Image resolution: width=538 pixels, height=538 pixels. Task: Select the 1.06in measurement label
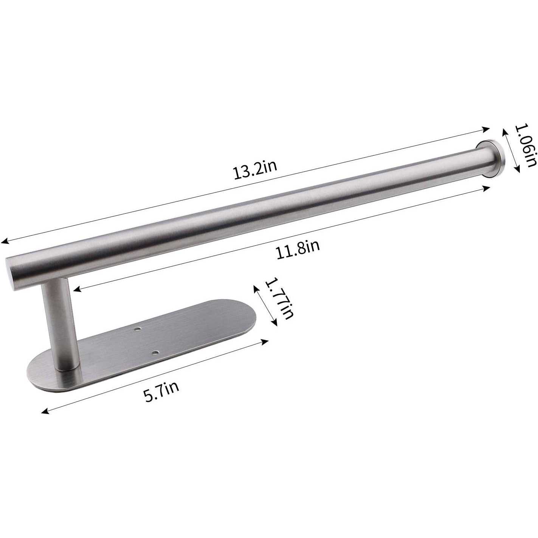point(526,146)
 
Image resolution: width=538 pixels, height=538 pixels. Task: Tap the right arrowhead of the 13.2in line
point(487,129)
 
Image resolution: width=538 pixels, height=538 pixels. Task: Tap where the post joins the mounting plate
point(67,367)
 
